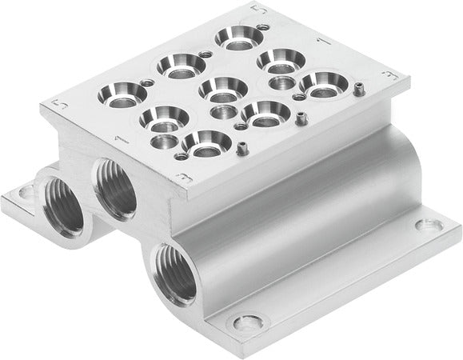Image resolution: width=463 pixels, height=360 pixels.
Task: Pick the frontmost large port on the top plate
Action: tap(199, 144)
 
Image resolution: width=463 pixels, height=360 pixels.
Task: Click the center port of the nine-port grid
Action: tap(217, 87)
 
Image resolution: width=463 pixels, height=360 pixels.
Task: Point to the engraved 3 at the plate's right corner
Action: tap(390, 74)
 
